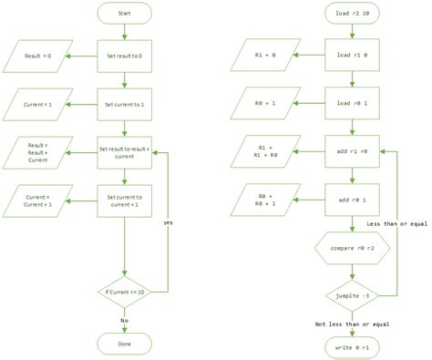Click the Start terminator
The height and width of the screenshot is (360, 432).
[123, 15]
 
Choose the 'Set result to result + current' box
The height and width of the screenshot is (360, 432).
[123, 150]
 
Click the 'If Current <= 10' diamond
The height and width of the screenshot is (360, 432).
[123, 291]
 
